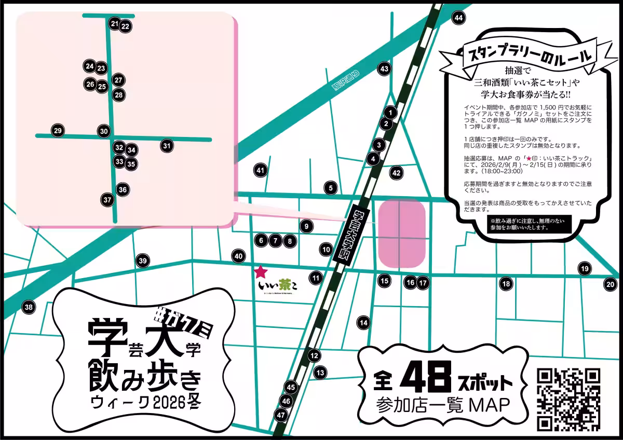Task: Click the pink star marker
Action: tap(261, 271)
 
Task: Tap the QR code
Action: tap(568, 398)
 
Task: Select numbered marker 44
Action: tap(458, 18)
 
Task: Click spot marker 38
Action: tap(29, 307)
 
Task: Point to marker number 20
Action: tap(610, 284)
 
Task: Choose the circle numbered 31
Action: tap(167, 146)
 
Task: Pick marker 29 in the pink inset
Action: tap(58, 131)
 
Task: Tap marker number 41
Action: tap(261, 170)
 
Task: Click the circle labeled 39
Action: tap(143, 262)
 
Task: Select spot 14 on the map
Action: tap(364, 323)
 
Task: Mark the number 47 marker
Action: tap(281, 415)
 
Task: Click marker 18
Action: tap(506, 284)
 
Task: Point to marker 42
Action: tap(397, 173)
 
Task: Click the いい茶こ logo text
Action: tap(278, 285)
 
